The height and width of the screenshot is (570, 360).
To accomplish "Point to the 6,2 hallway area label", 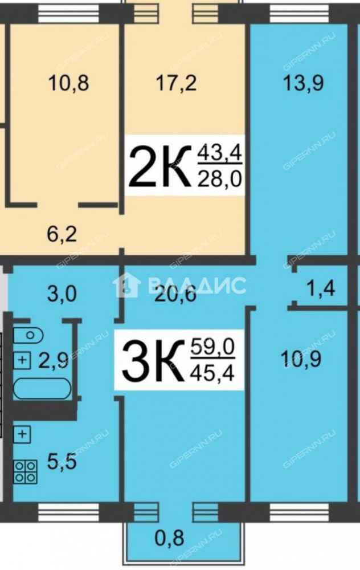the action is point(62,234).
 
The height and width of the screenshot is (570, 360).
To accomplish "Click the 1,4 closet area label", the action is point(321,288).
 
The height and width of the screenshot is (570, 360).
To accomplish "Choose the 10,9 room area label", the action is point(301,359).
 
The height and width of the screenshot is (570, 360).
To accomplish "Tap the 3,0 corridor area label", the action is point(62,294).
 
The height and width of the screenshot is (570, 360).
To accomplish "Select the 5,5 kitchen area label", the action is point(62,462).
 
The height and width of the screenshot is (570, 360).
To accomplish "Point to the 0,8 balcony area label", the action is point(169,538).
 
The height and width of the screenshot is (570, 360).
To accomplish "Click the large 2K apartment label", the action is point(160,166).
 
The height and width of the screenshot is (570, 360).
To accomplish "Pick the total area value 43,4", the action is point(219,153).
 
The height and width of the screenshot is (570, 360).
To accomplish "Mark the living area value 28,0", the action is point(219,179).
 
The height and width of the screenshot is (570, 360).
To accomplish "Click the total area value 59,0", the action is point(213,347).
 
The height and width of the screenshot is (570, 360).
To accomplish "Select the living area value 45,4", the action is point(213,373).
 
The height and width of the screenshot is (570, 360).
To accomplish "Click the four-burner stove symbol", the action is point(26,471).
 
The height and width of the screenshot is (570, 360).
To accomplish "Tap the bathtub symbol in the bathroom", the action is point(42,388).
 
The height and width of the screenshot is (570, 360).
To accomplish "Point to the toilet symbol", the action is point(28,335).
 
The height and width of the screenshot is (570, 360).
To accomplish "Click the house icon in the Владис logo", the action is point(127,286).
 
